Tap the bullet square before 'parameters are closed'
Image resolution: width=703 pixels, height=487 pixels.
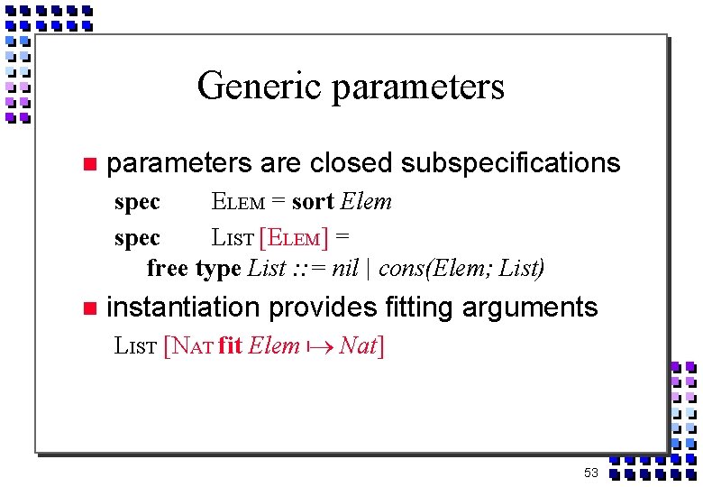[88, 164]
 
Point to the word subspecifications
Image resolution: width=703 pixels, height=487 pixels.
[510, 163]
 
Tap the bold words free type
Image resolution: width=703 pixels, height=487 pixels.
[193, 268]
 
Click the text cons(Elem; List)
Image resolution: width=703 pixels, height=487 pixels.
[461, 268]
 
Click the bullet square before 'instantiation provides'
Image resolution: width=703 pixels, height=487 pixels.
[88, 308]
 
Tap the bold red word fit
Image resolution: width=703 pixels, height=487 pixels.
[230, 345]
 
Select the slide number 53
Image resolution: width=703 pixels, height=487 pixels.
[590, 473]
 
